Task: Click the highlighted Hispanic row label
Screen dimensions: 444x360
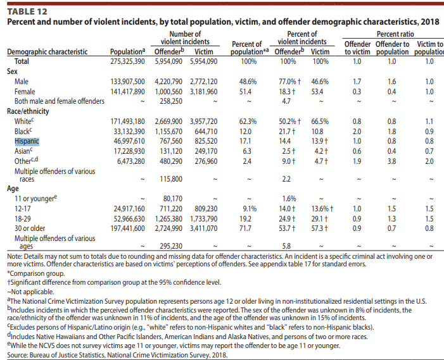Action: point(27,141)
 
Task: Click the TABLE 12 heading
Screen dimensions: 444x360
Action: point(27,11)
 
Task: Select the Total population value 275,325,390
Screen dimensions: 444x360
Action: point(127,61)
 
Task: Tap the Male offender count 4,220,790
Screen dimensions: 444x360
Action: point(168,82)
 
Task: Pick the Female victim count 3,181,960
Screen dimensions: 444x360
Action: point(203,92)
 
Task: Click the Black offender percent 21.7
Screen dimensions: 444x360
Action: point(285,132)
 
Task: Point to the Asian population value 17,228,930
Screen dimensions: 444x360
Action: point(129,151)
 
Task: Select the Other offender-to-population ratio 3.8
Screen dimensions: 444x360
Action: point(391,161)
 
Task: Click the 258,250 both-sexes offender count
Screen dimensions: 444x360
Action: point(171,101)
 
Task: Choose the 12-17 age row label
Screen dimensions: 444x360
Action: point(23,209)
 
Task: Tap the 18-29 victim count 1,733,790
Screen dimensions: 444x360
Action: point(203,219)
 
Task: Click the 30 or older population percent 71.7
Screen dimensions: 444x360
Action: point(245,228)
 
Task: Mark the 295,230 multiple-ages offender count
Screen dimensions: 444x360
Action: point(171,246)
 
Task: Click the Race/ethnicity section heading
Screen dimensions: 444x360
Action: point(28,111)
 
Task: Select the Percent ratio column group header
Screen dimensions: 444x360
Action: point(395,34)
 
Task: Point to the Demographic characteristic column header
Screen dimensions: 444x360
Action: point(48,52)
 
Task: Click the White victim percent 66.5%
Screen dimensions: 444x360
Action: point(320,121)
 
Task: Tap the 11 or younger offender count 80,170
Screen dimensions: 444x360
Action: point(173,199)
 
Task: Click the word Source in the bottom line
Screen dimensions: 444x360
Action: point(17,355)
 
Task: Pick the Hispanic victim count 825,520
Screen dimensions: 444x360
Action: point(206,141)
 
